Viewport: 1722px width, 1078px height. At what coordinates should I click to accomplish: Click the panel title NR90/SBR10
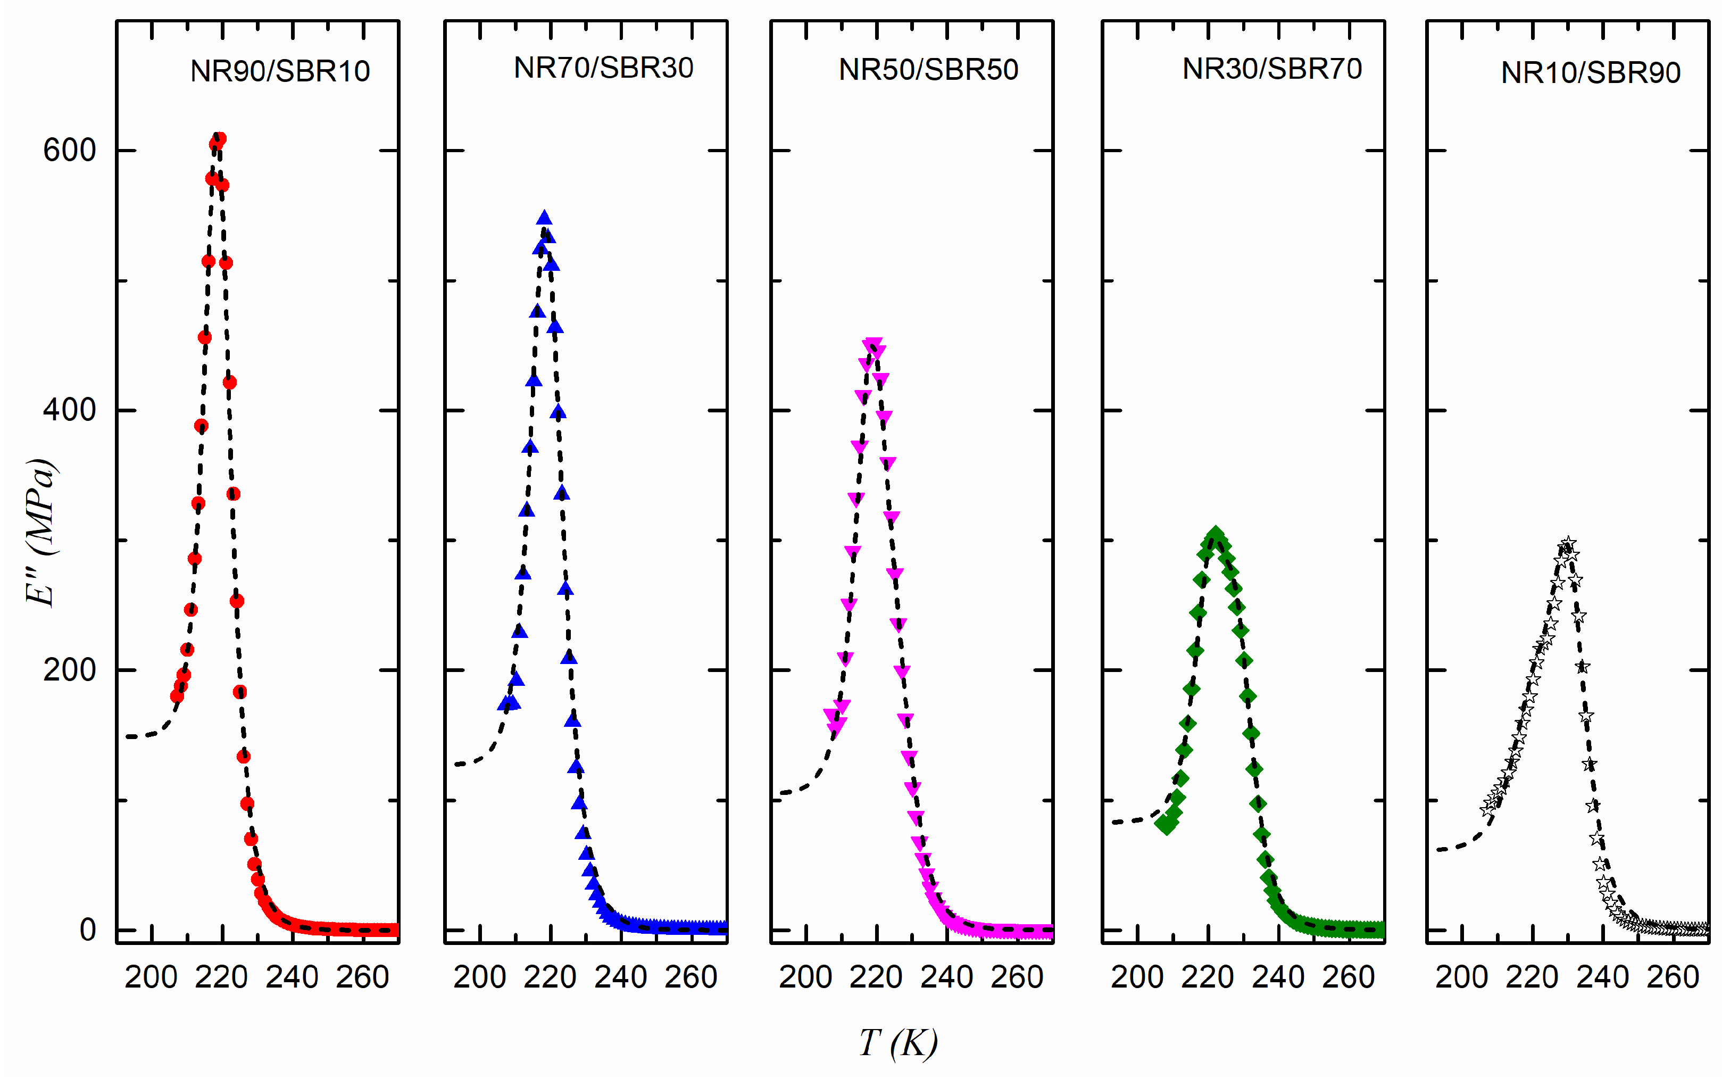280,71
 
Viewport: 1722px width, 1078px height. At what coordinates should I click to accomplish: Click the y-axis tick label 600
69,151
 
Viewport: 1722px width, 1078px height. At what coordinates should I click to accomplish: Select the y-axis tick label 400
69,411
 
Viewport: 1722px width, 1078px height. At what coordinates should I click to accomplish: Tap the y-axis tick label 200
69,670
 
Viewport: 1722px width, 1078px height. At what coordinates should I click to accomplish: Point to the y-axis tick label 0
87,930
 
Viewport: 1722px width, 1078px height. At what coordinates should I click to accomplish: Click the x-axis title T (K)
898,1042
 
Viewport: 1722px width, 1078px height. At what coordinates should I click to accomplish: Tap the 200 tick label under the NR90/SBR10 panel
151,977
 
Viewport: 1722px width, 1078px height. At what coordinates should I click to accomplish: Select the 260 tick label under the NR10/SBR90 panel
1673,977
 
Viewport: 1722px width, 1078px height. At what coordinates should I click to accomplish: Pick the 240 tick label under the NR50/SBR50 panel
946,977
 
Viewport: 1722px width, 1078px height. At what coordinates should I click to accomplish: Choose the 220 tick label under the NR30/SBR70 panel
1208,977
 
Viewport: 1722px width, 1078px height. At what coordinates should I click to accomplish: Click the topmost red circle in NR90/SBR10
220,139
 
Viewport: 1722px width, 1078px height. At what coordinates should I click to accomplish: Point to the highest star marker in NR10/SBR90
1567,544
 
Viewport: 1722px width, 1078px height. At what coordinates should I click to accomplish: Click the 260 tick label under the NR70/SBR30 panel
691,977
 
